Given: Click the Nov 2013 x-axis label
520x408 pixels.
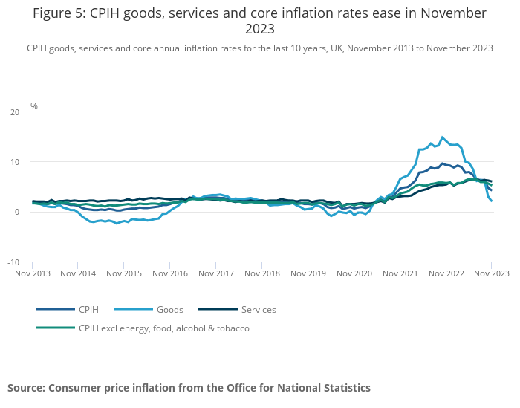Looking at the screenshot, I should point(33,273).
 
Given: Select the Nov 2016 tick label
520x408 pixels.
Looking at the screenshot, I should point(169,273).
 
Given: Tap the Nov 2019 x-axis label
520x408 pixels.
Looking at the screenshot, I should point(308,273).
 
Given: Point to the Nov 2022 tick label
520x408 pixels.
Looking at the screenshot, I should point(445,273).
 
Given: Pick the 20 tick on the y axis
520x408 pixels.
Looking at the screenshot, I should point(15,111).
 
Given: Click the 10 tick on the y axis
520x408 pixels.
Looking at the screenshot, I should point(15,162).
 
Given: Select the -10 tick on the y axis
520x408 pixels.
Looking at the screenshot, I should point(13,262).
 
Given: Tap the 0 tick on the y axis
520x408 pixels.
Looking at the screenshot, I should point(17,213).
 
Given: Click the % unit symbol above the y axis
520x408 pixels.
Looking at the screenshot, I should point(34,106).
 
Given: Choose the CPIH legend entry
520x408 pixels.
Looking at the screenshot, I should point(88,309).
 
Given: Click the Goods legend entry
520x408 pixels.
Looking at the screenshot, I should point(169,309).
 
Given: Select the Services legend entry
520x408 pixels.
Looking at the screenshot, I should point(259,309).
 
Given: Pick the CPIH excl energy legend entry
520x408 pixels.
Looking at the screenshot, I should point(163,328).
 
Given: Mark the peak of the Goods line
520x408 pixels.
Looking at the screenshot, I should point(443,137).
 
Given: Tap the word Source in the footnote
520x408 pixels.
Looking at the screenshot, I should point(26,388).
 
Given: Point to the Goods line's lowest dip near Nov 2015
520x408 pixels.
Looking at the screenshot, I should point(117,223).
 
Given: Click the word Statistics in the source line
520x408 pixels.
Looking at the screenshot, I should point(343,388).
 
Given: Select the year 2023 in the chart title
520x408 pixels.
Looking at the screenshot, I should point(260,30).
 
